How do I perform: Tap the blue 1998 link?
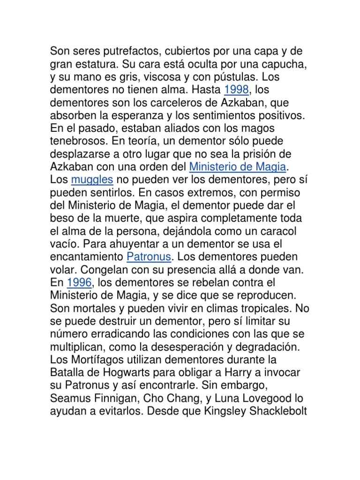tap(236, 89)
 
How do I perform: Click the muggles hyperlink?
tap(92, 180)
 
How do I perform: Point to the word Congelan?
tap(105, 270)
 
